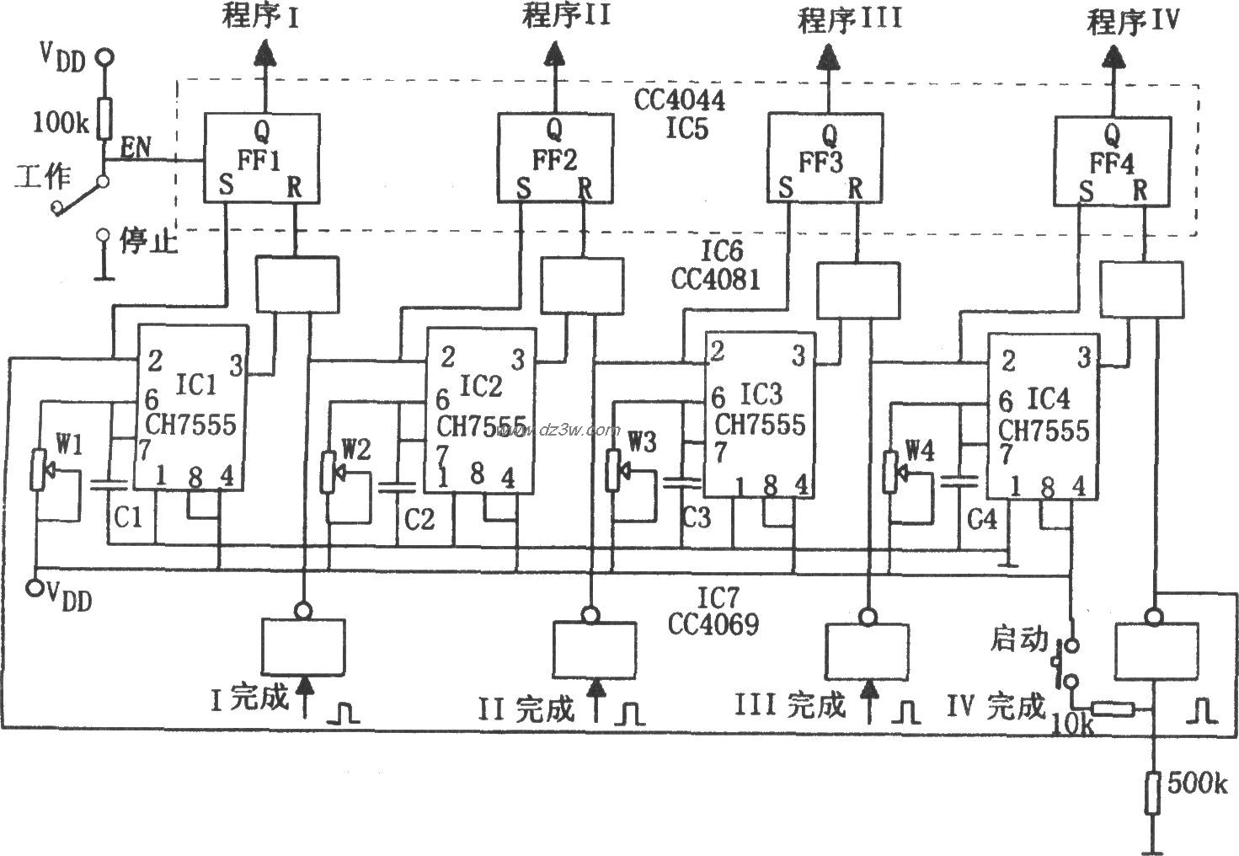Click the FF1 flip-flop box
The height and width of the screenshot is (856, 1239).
coord(261,158)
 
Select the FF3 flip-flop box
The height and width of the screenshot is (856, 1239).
coord(825,158)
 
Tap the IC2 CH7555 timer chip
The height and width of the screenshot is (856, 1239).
coord(481,410)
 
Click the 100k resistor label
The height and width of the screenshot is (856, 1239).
coord(60,123)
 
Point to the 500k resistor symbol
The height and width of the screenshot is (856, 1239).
coord(1153,791)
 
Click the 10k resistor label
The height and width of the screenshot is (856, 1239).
coord(1071,722)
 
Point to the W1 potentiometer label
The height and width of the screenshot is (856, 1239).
coord(69,443)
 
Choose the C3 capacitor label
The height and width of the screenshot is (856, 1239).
coord(697,516)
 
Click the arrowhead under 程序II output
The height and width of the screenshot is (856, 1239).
coord(553,56)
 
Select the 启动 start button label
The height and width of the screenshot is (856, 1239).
coord(1017,641)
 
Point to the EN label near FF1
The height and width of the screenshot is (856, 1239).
coord(136,149)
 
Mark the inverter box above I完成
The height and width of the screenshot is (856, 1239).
coord(303,646)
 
